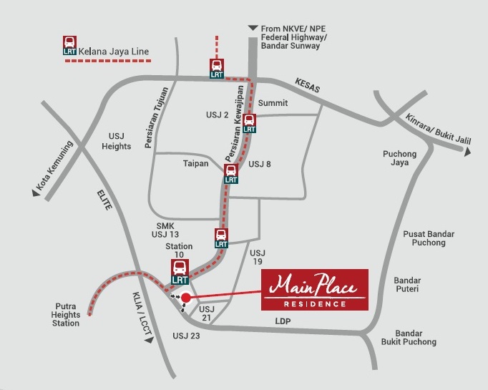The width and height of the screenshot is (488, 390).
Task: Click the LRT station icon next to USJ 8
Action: pyautogui.click(x=231, y=173)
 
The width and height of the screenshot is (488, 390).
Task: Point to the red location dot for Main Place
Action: pyautogui.click(x=186, y=297)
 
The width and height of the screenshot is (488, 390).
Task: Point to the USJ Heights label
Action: pyautogui.click(x=121, y=141)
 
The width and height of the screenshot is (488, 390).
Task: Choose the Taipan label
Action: pyautogui.click(x=195, y=163)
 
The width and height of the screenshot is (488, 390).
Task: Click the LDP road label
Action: pyautogui.click(x=284, y=321)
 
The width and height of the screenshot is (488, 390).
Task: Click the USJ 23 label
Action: pyautogui.click(x=187, y=335)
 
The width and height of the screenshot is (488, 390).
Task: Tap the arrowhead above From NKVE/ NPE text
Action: pyautogui.click(x=252, y=28)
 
